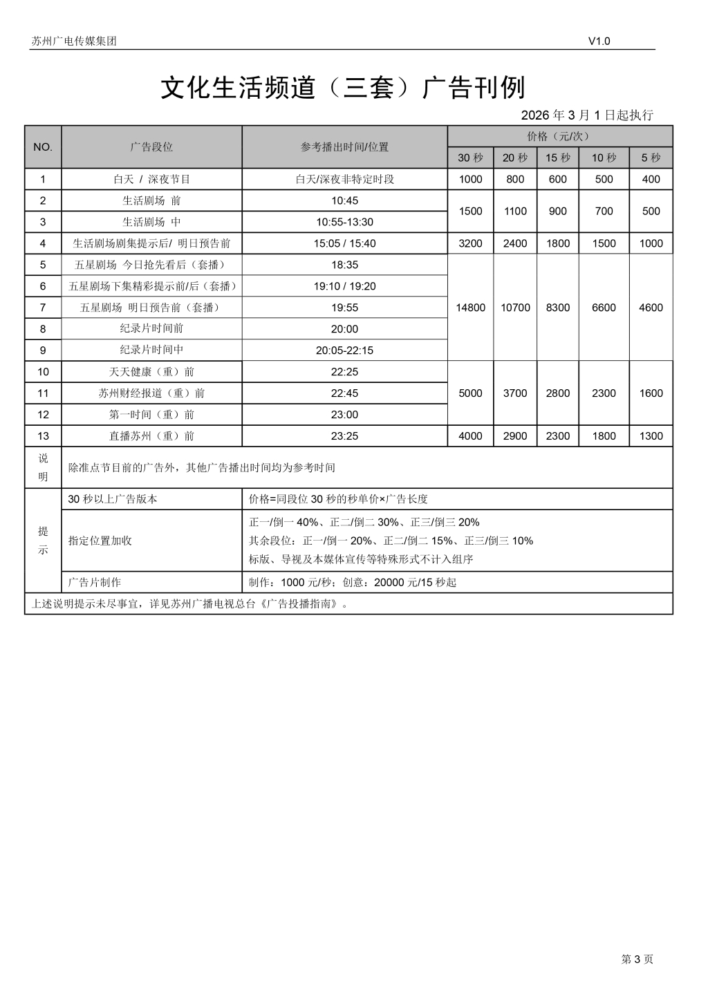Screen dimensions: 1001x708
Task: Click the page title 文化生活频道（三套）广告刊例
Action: (343, 88)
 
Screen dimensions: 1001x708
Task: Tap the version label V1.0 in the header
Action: (599, 41)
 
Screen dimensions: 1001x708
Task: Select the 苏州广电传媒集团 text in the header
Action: (74, 41)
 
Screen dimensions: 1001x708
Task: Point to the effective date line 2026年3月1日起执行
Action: (586, 115)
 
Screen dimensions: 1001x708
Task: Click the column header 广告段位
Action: (151, 147)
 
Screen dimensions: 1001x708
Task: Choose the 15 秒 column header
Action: (557, 158)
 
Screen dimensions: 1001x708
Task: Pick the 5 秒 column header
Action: (651, 158)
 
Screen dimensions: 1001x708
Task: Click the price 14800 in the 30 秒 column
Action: (470, 308)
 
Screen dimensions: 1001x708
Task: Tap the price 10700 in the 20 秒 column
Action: (515, 308)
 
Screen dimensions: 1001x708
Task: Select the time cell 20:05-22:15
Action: (344, 350)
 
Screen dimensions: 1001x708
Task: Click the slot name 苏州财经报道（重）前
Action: (151, 393)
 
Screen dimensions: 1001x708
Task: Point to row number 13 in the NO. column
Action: (43, 436)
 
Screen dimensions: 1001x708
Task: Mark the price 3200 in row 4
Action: (470, 243)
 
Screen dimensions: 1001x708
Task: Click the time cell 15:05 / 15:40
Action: (344, 243)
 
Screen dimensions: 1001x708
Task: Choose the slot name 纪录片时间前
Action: (151, 328)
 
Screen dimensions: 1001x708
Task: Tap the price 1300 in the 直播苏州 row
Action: (651, 436)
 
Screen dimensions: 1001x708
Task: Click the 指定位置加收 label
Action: (100, 541)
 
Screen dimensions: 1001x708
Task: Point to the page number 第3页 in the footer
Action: (637, 959)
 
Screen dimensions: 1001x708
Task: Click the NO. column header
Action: (43, 147)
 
